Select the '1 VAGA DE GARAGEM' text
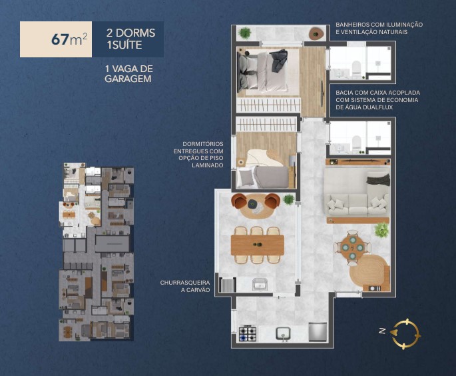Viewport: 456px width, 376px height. [x=128, y=74]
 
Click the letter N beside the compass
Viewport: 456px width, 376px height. [x=381, y=330]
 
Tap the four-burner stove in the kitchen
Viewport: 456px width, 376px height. [x=248, y=332]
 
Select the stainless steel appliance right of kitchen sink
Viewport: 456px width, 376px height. [x=318, y=331]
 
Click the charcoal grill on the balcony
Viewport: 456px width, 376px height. [x=227, y=285]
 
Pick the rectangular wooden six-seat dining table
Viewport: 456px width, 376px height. [x=257, y=245]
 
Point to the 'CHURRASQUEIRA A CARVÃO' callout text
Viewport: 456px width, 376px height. [x=184, y=286]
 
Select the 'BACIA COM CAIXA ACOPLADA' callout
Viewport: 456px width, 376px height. [x=377, y=99]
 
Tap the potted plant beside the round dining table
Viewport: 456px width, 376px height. [x=381, y=231]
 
